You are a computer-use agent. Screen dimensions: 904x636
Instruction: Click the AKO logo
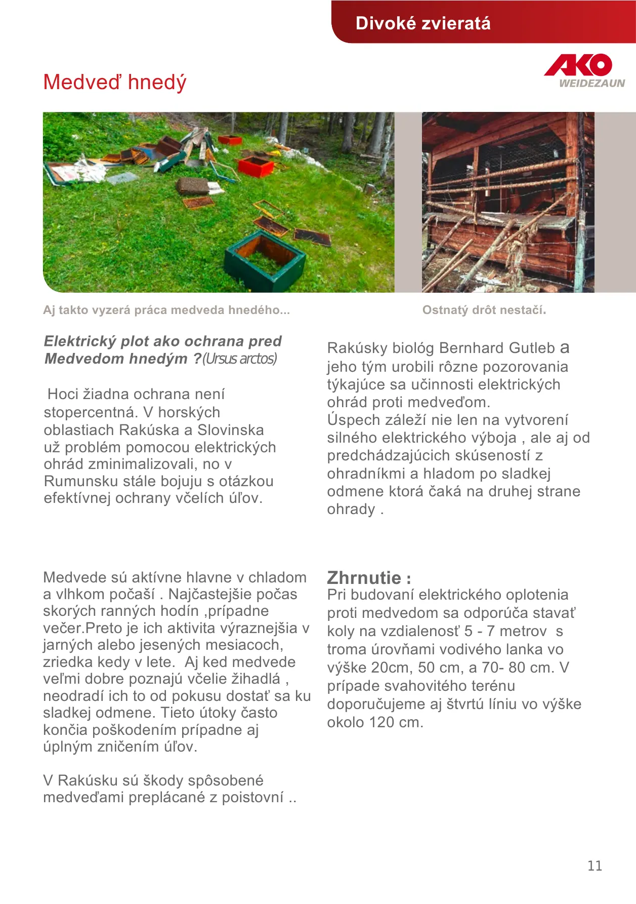coord(578,66)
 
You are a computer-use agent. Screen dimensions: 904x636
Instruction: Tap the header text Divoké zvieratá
coord(423,23)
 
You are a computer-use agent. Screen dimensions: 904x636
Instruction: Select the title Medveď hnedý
coord(115,82)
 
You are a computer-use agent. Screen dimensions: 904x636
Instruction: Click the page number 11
coord(595,866)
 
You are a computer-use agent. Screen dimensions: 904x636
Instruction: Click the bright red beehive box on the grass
coord(256,167)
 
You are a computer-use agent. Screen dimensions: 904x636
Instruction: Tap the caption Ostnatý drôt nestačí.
coord(484,310)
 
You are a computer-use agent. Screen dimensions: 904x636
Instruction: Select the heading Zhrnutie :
coord(369,578)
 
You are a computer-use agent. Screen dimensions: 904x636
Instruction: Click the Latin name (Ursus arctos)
coord(240,359)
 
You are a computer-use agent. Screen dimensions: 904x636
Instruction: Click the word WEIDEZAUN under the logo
coord(591,84)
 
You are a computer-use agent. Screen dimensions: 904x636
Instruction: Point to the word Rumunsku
coord(76,481)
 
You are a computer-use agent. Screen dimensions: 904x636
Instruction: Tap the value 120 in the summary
coord(382,722)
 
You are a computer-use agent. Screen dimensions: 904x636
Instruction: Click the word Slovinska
coord(230,430)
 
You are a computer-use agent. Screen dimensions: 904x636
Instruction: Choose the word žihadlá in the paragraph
coord(256,679)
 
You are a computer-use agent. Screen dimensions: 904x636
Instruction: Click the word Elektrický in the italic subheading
coord(80,341)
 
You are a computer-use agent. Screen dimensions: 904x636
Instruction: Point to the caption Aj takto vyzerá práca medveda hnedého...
coord(166,310)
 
